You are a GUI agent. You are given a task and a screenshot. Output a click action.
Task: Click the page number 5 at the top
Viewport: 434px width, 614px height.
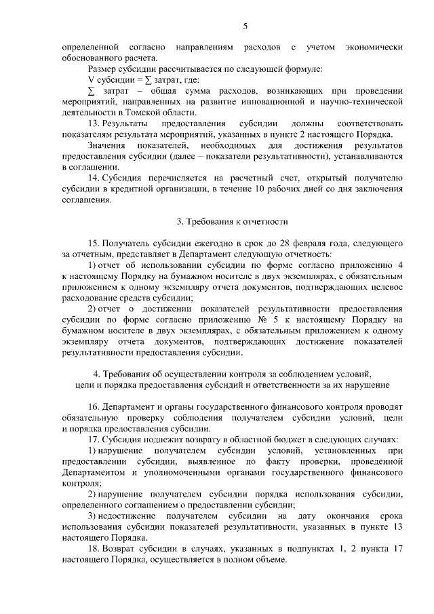(245, 26)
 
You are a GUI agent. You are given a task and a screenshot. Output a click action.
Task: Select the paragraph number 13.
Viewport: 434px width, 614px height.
(94, 124)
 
